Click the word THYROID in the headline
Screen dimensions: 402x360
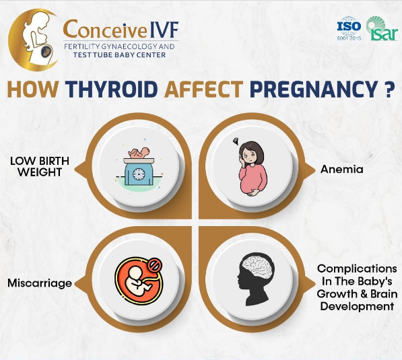click(x=111, y=89)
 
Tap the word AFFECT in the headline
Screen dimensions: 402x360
click(x=204, y=89)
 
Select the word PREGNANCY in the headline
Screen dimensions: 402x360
click(x=312, y=89)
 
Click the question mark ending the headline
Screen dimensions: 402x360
click(x=389, y=89)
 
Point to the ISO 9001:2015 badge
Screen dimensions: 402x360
click(x=349, y=28)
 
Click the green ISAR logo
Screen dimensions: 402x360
click(x=382, y=28)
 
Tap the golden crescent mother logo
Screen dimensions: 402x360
click(x=33, y=40)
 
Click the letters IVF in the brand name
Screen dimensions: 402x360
click(x=164, y=30)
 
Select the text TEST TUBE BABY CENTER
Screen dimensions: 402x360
click(x=119, y=55)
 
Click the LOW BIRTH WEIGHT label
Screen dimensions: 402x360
click(x=40, y=167)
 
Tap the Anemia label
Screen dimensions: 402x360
click(x=342, y=170)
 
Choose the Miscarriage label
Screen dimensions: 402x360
click(x=40, y=283)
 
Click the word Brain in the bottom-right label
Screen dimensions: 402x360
click(x=384, y=293)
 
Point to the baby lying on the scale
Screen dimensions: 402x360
click(x=139, y=153)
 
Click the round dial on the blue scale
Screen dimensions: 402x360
click(x=139, y=174)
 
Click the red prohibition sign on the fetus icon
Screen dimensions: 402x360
click(x=155, y=265)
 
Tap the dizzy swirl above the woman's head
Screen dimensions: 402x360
click(x=236, y=141)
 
